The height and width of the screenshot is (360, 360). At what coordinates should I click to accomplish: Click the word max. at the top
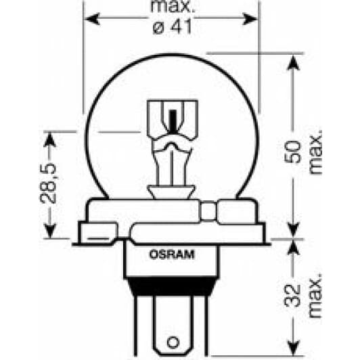coord(171,9)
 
